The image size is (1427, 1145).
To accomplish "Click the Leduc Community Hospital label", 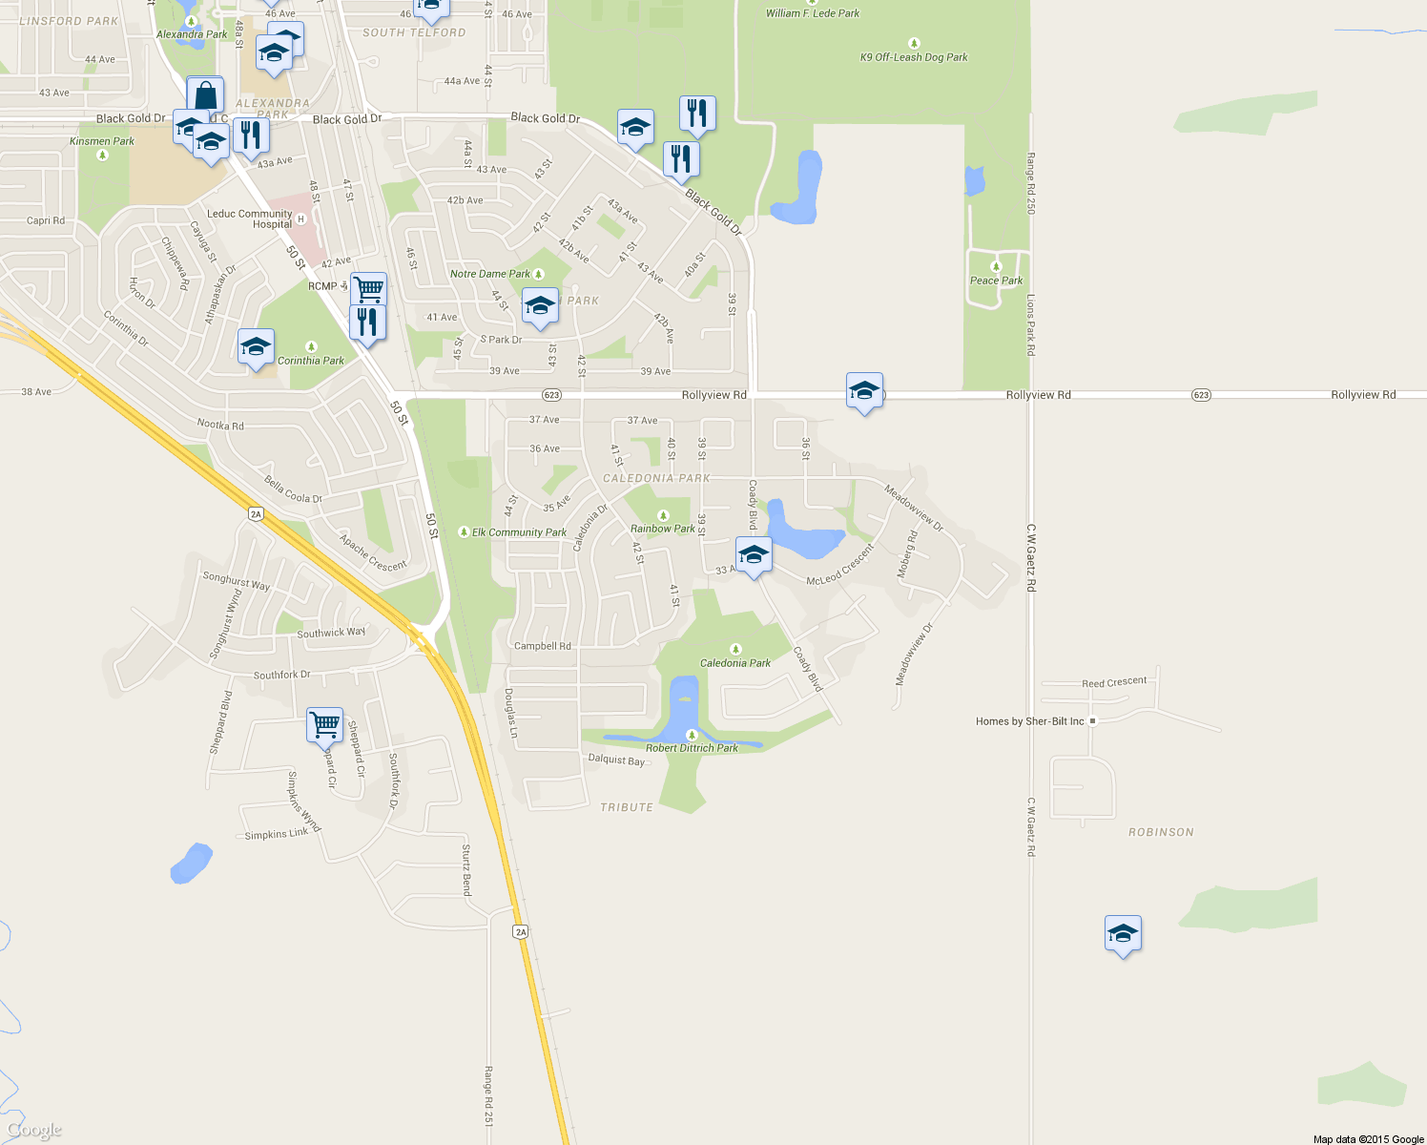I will pyautogui.click(x=250, y=219).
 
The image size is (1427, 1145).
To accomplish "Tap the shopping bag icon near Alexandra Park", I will pyautogui.click(x=205, y=96).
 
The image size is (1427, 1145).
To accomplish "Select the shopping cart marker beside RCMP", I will pyautogui.click(x=368, y=288).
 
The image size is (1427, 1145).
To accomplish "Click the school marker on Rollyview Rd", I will pyautogui.click(x=864, y=391).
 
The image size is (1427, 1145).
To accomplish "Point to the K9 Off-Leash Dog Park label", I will pyautogui.click(x=914, y=57).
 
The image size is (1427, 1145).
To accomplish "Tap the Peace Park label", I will pyautogui.click(x=996, y=281).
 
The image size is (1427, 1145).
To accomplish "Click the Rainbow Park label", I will pyautogui.click(x=662, y=529).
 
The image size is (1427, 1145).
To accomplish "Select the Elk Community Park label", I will pyautogui.click(x=519, y=532).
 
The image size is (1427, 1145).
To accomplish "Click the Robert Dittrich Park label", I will pyautogui.click(x=692, y=748).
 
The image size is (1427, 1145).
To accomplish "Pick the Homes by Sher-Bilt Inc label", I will pyautogui.click(x=1030, y=721).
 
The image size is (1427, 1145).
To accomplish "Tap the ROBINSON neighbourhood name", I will pyautogui.click(x=1161, y=832).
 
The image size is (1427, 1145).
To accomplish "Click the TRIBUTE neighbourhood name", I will pyautogui.click(x=627, y=807).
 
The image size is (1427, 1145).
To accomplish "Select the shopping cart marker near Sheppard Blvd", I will pyautogui.click(x=324, y=724).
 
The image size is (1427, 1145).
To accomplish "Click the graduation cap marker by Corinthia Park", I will pyautogui.click(x=256, y=347).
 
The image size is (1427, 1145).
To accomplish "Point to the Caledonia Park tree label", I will pyautogui.click(x=734, y=663).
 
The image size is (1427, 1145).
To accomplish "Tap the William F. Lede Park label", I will pyautogui.click(x=813, y=13).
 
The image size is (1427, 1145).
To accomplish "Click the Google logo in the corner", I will pyautogui.click(x=34, y=1130).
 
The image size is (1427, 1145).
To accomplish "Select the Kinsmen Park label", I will pyautogui.click(x=102, y=141).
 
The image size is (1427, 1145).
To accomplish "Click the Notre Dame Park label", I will pyautogui.click(x=490, y=274).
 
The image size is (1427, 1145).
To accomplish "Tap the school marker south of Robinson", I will pyautogui.click(x=1123, y=933).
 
